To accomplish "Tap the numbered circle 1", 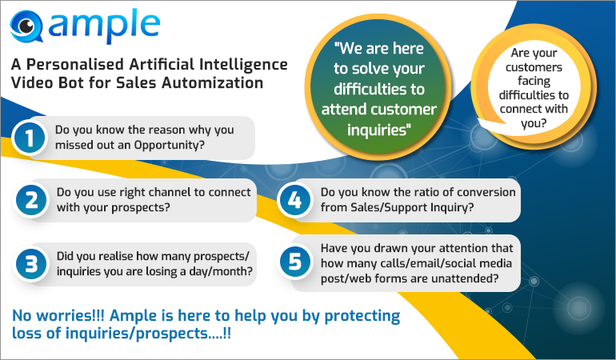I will pos(30,139).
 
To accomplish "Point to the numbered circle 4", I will pos(294,201).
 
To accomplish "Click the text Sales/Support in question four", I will pos(388,208).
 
